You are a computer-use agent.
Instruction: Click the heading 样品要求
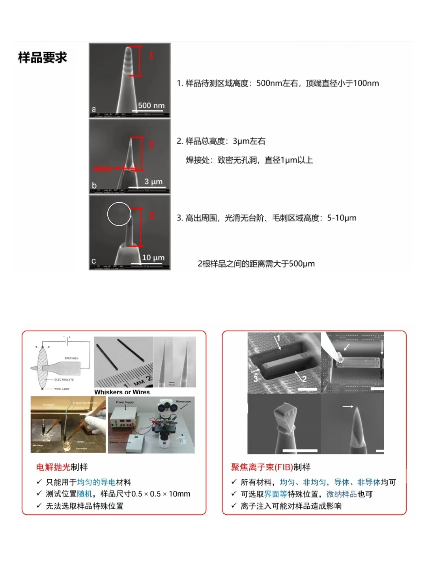coord(43,58)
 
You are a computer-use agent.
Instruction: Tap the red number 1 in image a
coord(151,56)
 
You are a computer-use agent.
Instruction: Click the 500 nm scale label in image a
coord(151,105)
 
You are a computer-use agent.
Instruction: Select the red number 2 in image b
coord(151,145)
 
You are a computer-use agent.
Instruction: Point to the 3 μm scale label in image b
coord(153,181)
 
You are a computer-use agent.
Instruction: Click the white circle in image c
coord(119,214)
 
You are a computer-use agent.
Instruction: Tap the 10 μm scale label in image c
coord(153,258)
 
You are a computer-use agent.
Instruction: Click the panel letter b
coord(94,185)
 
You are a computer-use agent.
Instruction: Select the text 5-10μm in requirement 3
coord(342,218)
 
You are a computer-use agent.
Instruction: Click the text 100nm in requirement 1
coord(366,83)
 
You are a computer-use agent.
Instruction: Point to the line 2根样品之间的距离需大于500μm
coord(256,264)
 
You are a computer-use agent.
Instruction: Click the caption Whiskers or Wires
coord(122,392)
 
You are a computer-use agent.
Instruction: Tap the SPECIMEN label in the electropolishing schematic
coord(71,358)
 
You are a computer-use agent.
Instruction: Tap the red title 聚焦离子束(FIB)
coord(262,467)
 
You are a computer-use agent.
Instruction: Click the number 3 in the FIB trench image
coord(256,379)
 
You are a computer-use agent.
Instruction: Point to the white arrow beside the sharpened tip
coord(348,406)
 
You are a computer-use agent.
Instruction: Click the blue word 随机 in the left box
coord(84,494)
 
